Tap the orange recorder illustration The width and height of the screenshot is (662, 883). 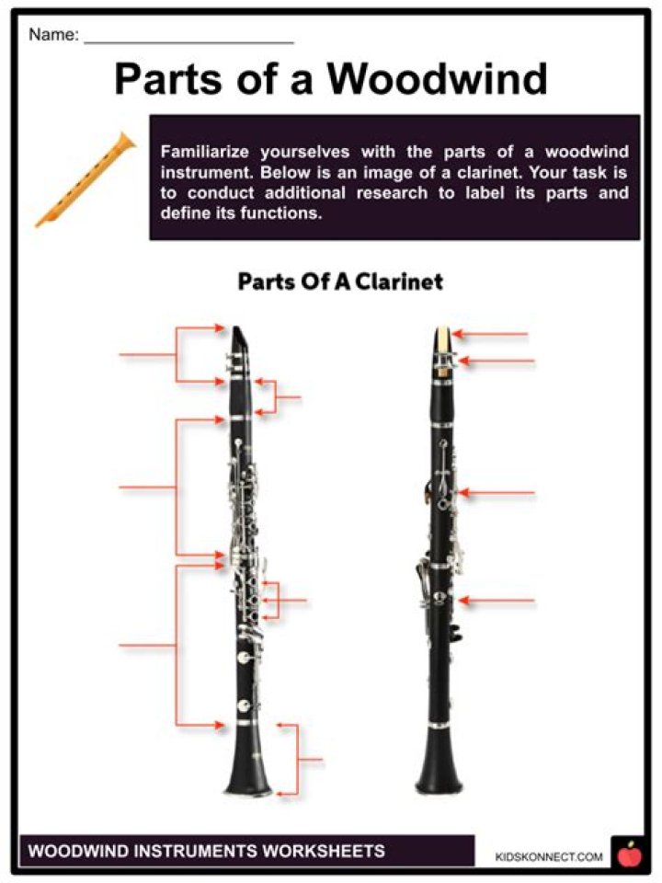pos(86,179)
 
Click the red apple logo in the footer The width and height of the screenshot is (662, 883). pos(630,854)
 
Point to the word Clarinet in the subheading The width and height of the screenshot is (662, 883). pos(398,281)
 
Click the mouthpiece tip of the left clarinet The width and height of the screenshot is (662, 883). pos(241,335)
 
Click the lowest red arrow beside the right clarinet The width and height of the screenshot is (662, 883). pos(496,601)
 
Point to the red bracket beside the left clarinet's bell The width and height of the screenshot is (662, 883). pos(296,759)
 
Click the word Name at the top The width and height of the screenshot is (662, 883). pos(53,36)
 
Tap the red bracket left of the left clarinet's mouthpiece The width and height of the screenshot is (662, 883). pos(177,354)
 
